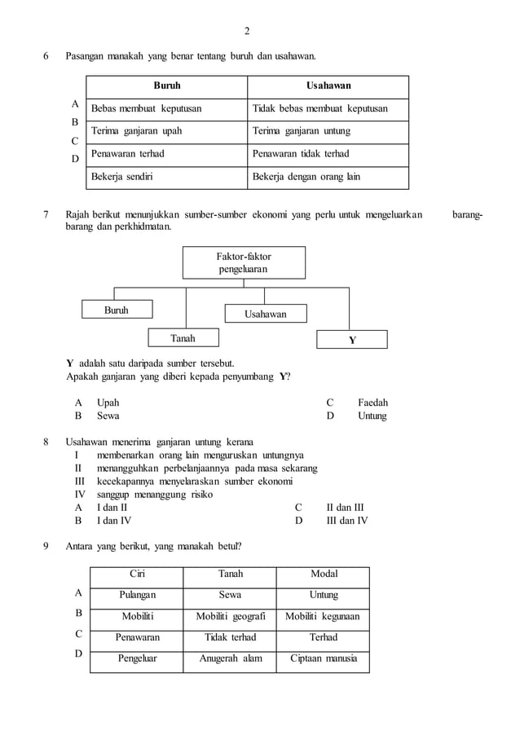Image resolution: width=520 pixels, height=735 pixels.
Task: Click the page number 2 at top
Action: (247, 32)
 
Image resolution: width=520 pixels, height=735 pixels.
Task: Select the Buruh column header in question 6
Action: (167, 86)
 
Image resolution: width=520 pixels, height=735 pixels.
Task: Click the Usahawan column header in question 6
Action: (328, 86)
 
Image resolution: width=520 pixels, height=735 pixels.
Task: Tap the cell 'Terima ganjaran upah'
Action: (137, 131)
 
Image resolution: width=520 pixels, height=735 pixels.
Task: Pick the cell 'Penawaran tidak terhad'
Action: (301, 153)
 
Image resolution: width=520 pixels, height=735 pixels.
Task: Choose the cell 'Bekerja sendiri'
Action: (123, 176)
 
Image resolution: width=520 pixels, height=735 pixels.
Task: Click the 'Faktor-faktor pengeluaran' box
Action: (245, 262)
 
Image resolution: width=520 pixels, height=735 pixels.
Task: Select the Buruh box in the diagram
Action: (116, 310)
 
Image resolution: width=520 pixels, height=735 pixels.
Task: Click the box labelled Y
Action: (352, 340)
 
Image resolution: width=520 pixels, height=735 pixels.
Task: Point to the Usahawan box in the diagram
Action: (266, 314)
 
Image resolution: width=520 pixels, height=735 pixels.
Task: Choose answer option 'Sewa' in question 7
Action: (108, 416)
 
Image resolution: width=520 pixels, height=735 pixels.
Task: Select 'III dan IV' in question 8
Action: (346, 519)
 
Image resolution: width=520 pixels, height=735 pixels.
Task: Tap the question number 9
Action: (46, 546)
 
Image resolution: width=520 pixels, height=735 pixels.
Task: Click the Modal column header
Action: (324, 574)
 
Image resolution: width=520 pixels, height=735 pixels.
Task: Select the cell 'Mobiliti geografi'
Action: (231, 616)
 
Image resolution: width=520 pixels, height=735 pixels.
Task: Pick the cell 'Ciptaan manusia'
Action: (324, 658)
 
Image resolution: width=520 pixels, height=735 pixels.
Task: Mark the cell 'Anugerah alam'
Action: (231, 658)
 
